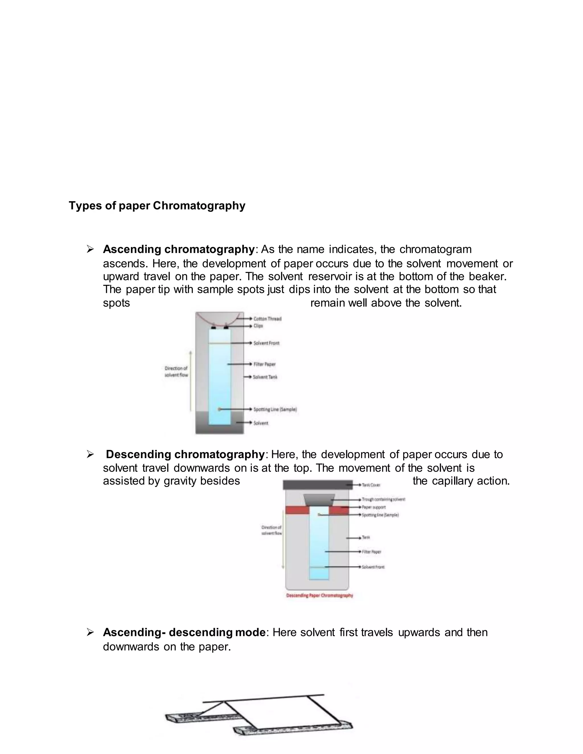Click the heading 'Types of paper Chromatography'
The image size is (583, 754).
(x=157, y=205)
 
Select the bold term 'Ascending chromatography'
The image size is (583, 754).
(x=178, y=249)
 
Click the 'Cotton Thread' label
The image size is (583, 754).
(x=267, y=319)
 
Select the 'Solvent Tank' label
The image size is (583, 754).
(x=265, y=377)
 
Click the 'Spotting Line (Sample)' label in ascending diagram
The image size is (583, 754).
(x=275, y=409)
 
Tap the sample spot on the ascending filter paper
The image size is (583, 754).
(x=219, y=409)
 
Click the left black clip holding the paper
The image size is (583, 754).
(x=214, y=327)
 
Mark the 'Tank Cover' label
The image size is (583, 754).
(x=371, y=485)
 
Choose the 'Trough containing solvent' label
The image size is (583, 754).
(x=383, y=500)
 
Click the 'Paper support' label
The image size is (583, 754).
(x=374, y=507)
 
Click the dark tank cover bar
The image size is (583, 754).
(x=317, y=485)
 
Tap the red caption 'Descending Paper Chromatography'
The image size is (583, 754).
(x=319, y=596)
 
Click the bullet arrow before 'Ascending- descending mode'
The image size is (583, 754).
(x=90, y=633)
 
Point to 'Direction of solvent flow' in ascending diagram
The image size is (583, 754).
(x=176, y=372)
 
